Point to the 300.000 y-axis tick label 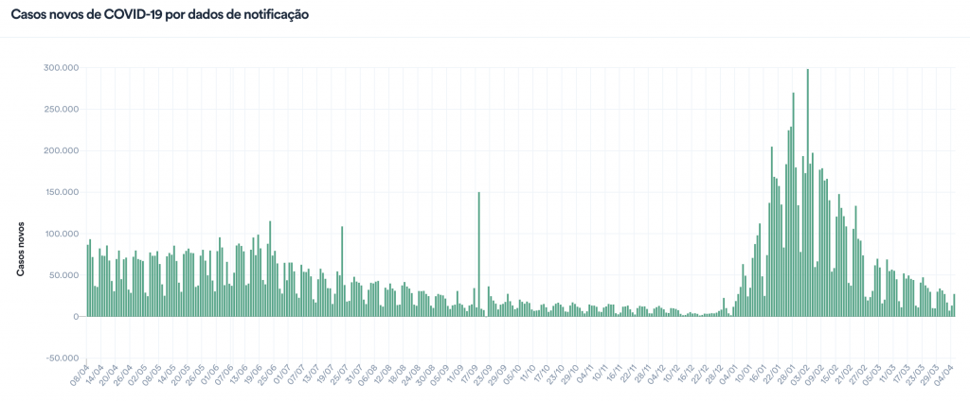pyautogui.click(x=59, y=68)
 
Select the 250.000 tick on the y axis pyautogui.click(x=59, y=109)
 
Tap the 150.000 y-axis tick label pyautogui.click(x=59, y=192)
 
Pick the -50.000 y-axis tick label pyautogui.click(x=61, y=358)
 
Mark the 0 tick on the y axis pyautogui.click(x=73, y=317)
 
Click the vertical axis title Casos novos pyautogui.click(x=21, y=252)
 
